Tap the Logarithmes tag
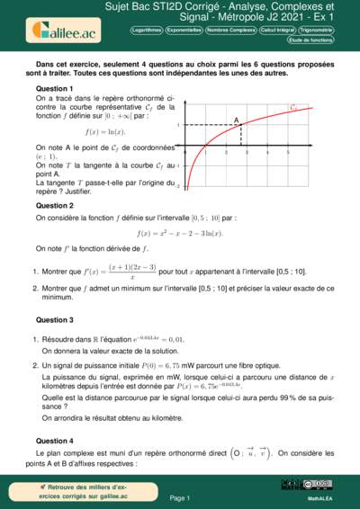tap(148, 30)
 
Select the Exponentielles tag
tap(190, 30)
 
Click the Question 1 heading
tap(54, 90)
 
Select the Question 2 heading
tap(54, 206)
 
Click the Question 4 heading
tap(54, 441)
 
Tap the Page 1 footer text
tap(180, 497)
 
